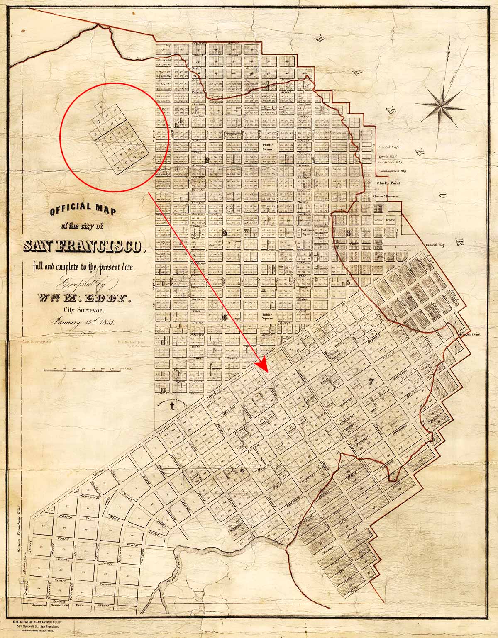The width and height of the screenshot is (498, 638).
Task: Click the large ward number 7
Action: pos(371,382)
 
